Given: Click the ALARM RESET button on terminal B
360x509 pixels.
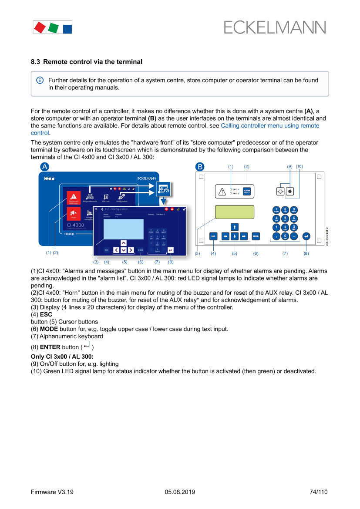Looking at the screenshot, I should [246, 191].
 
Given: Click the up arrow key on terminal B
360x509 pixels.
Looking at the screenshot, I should [234, 226].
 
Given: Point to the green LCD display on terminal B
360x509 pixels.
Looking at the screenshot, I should [234, 212].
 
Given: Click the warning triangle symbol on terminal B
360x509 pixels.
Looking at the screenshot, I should [222, 191].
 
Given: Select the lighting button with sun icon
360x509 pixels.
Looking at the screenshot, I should [281, 191].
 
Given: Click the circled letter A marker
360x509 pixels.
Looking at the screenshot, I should [44, 167].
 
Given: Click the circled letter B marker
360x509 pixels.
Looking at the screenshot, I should [199, 167].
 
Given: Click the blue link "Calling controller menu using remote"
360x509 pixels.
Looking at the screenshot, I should [270, 126].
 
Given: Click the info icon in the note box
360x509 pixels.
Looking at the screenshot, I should [40, 81].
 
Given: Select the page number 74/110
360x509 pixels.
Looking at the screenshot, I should [318, 492].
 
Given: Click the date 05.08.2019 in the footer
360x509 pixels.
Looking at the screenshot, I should [180, 492].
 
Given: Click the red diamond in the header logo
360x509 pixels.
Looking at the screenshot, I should [40, 27].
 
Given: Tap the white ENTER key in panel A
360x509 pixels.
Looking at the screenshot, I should [170, 250].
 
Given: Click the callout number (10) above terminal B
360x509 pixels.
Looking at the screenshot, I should [299, 166].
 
